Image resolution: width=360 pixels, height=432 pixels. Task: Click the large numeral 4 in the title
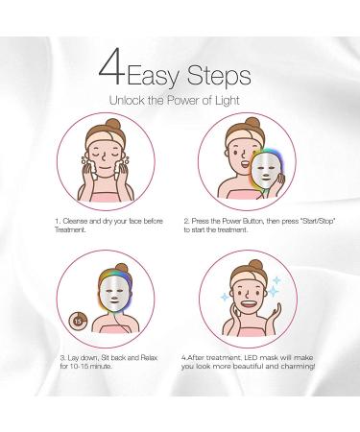(x=111, y=66)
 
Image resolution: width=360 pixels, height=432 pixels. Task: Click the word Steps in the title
(x=219, y=76)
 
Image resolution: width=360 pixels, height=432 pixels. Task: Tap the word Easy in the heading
(x=154, y=77)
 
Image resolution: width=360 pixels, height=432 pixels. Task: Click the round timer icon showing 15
(x=79, y=322)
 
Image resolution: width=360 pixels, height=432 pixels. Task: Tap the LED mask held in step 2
(x=266, y=170)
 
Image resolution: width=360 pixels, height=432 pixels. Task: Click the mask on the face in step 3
(x=115, y=294)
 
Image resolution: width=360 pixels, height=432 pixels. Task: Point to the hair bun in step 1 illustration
(x=112, y=124)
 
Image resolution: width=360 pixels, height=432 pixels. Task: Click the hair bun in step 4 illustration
(x=255, y=265)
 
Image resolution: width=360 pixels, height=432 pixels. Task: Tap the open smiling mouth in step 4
(x=250, y=303)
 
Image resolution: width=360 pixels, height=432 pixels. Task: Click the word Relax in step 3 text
(x=149, y=358)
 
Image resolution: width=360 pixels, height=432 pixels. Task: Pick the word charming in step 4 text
(x=298, y=367)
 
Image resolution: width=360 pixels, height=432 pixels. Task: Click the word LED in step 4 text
(x=252, y=358)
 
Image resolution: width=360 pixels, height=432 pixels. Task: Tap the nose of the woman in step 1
(x=104, y=157)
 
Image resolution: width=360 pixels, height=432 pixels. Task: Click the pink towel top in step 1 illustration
(x=106, y=196)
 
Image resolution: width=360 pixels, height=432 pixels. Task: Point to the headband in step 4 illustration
(x=247, y=279)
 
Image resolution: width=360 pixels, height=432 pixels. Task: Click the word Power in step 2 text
(x=232, y=221)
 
